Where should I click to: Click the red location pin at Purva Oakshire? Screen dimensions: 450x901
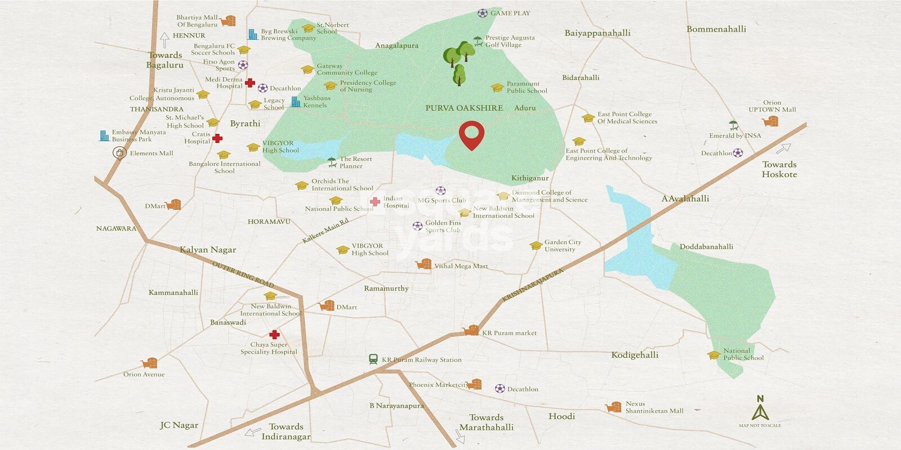pos(471,135)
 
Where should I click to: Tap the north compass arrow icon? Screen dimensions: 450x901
pos(760,409)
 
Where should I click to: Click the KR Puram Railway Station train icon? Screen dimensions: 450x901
pos(373,359)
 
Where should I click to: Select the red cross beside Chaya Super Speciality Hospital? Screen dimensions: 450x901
pos(274,335)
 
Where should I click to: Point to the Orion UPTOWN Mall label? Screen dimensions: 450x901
pos(772,106)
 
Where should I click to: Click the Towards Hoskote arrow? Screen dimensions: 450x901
pos(783,148)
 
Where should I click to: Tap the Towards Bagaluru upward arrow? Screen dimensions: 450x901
pos(164,40)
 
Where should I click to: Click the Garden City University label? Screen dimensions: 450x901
pos(563,246)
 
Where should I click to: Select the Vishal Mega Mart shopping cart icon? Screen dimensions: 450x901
pos(423,264)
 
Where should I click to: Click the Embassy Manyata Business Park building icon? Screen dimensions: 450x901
pos(104,136)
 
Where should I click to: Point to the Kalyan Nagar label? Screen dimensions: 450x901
pos(208,250)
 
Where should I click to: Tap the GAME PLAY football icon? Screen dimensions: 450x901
pos(483,13)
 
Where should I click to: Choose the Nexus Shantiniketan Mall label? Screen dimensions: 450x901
pos(654,407)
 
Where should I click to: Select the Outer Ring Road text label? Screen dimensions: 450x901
pos(243,274)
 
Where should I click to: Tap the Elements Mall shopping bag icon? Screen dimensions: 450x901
pos(119,152)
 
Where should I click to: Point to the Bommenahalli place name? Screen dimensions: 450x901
pos(716,29)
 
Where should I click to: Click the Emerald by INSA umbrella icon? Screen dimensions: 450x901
pos(733,125)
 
